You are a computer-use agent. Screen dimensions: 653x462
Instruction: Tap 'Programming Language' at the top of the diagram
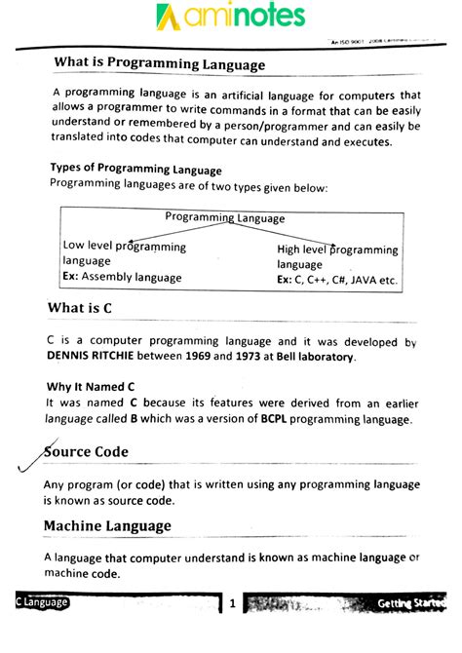click(225, 217)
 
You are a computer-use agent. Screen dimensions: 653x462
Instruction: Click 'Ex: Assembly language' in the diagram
click(122, 277)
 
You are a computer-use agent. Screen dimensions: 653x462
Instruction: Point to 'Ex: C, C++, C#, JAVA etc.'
click(337, 280)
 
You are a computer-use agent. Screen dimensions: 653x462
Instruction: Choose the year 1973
click(272, 357)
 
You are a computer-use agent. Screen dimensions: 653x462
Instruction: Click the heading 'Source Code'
click(87, 453)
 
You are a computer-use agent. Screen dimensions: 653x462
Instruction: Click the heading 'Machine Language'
click(107, 526)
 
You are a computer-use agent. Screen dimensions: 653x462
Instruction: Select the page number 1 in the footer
click(232, 604)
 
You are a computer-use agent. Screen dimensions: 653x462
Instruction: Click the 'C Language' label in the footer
click(41, 603)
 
